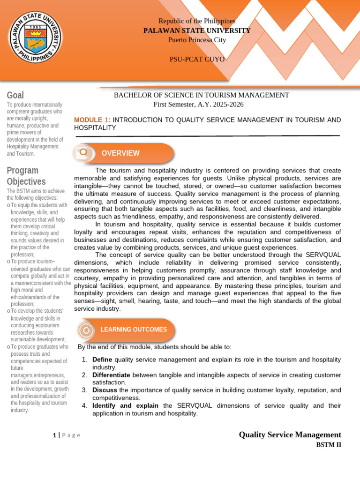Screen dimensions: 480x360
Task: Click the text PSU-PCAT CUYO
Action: tap(197, 59)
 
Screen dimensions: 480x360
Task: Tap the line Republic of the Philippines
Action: tap(197, 21)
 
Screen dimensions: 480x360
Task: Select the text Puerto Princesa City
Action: tap(197, 40)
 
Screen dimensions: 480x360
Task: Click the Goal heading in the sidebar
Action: tap(15, 95)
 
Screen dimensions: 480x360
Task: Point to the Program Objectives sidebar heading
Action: tap(26, 176)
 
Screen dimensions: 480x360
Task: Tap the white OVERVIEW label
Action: tap(120, 153)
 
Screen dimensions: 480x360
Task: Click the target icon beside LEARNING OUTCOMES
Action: tap(86, 330)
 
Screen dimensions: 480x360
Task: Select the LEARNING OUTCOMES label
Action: tap(134, 330)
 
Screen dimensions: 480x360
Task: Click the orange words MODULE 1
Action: tap(92, 120)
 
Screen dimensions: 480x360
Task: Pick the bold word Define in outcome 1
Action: tap(102, 359)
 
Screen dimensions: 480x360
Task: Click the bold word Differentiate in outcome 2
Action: tap(112, 375)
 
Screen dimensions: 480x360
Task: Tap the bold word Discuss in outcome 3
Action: tap(105, 390)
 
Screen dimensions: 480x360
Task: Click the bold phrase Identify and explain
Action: tap(125, 405)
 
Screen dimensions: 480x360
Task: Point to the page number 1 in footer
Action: tap(55, 435)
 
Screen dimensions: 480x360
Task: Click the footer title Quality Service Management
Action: tap(290, 435)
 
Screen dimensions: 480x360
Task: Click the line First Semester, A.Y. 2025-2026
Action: tap(199, 104)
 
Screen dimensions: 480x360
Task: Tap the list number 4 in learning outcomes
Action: tap(84, 405)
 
